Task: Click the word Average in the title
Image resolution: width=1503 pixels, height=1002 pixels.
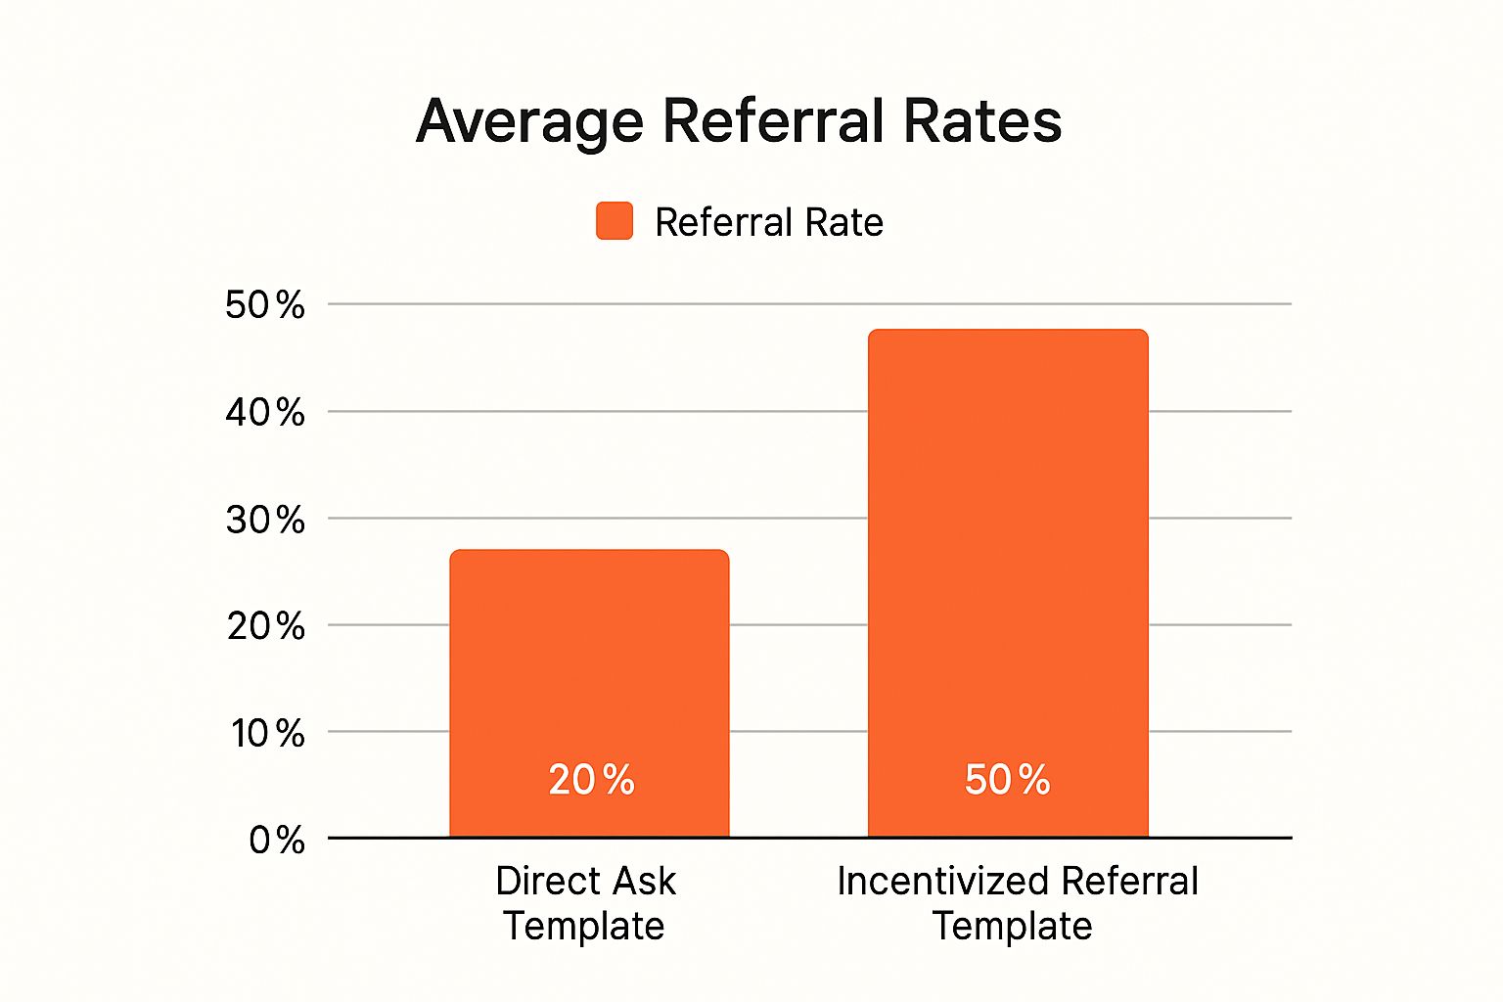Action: pyautogui.click(x=529, y=122)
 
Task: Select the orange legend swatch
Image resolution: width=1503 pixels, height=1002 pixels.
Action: pyautogui.click(x=615, y=221)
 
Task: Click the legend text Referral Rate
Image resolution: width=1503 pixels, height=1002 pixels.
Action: pyautogui.click(x=769, y=222)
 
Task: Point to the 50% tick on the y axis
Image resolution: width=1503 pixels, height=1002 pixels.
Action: pyautogui.click(x=265, y=305)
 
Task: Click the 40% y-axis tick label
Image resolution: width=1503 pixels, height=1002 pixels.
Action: pyautogui.click(x=265, y=412)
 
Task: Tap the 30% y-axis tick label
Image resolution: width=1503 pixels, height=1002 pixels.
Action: pyautogui.click(x=265, y=520)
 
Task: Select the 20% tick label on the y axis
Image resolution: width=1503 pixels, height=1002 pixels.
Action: pyautogui.click(x=265, y=625)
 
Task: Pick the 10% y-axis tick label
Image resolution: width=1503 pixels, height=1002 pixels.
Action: pyautogui.click(x=267, y=733)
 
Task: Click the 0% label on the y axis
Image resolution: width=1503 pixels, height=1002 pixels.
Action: pyautogui.click(x=277, y=840)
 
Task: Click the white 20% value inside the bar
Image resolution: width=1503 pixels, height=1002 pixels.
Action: pyautogui.click(x=591, y=780)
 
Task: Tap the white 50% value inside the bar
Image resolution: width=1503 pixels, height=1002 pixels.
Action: pyautogui.click(x=1007, y=780)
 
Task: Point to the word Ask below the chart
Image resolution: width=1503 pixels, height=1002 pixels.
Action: pyautogui.click(x=641, y=881)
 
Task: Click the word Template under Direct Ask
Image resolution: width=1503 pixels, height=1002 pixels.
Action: pyautogui.click(x=584, y=926)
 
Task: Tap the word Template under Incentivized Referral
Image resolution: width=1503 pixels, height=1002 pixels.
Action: pyautogui.click(x=1012, y=926)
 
